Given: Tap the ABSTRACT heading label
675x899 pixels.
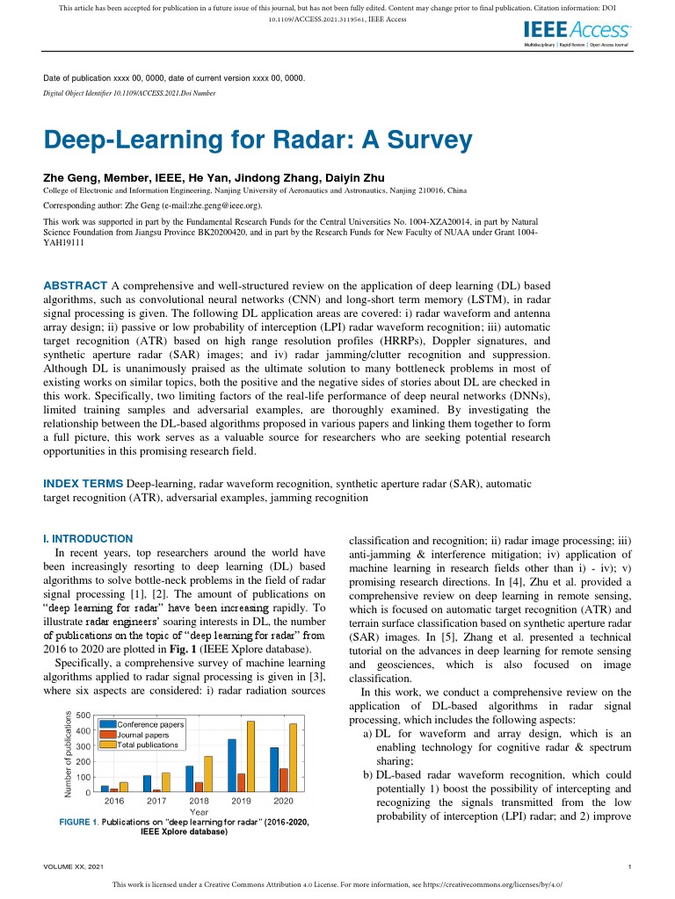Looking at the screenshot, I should point(76,285).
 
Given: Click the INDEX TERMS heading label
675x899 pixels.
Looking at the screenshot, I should point(83,484).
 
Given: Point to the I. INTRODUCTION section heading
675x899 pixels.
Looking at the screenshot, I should point(88,538).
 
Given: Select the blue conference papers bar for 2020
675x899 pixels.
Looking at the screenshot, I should point(274,770).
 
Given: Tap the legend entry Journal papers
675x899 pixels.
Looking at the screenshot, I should point(143,734).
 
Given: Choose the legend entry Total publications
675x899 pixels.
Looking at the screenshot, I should point(148,744).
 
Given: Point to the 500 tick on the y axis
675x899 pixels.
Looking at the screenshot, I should point(83,715).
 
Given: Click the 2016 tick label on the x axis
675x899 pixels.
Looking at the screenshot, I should point(114,802).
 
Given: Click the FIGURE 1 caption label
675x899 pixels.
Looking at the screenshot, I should point(78,822).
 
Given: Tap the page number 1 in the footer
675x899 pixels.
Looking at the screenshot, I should point(631,867).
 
